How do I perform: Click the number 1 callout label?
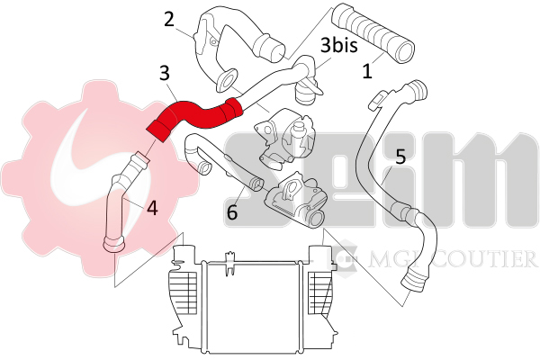pyautogui.click(x=366, y=70)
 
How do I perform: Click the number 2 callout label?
pyautogui.click(x=169, y=19)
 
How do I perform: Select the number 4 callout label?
pyautogui.click(x=152, y=208)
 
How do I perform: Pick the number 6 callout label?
pyautogui.click(x=231, y=212)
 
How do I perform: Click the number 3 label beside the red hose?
pyautogui.click(x=165, y=72)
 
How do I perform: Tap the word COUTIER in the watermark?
pyautogui.click(x=491, y=260)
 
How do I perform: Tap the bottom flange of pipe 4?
pyautogui.click(x=114, y=243)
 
